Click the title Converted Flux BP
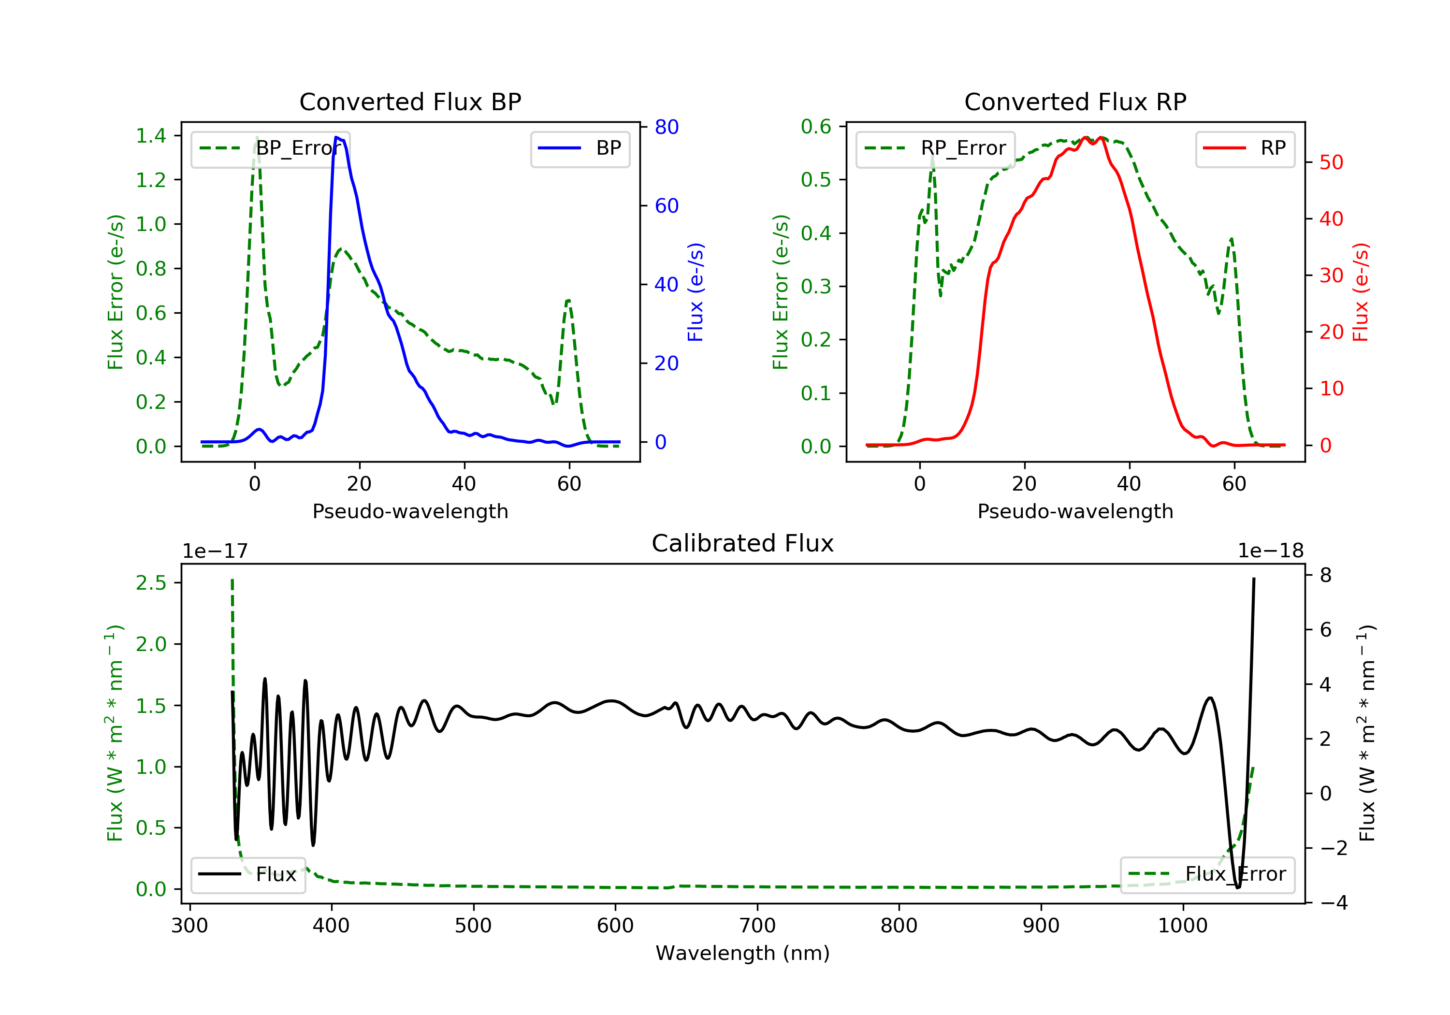[x=410, y=101]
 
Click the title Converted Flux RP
[x=1075, y=101]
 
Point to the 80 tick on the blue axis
[x=666, y=127]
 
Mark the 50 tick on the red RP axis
[x=1331, y=162]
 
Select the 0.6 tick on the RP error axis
[x=816, y=126]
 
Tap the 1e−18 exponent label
[x=1271, y=551]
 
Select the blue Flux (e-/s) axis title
[x=696, y=292]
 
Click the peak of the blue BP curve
[x=336, y=137]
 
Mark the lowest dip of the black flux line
[x=1237, y=887]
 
